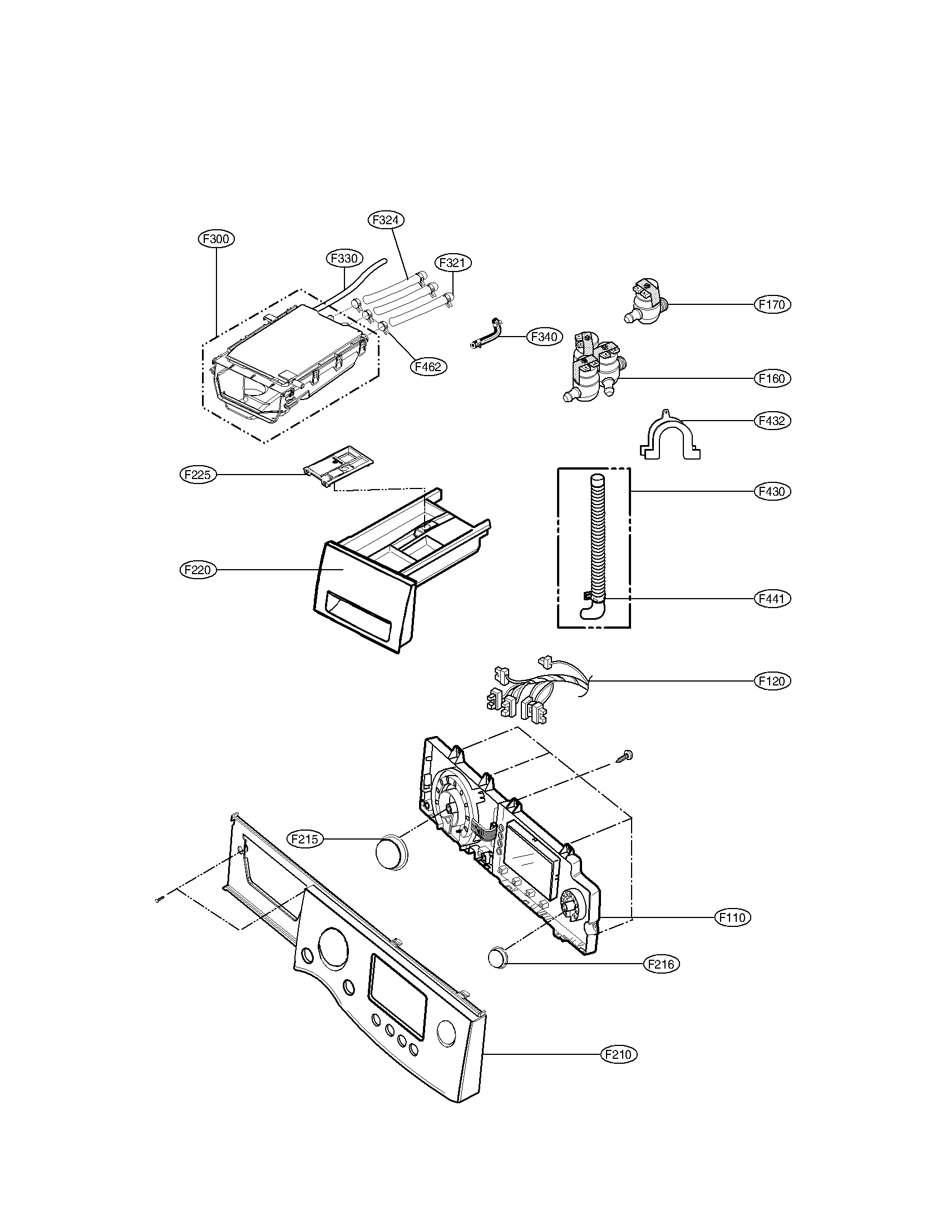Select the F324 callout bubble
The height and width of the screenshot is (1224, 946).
click(386, 220)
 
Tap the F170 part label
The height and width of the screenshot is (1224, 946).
click(772, 304)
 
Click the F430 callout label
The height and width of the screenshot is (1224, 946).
click(772, 491)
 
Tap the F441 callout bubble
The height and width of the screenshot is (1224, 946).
click(772, 599)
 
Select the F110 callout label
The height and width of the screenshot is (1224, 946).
click(733, 917)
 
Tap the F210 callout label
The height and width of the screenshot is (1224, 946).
click(619, 1054)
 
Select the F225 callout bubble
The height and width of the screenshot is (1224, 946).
click(198, 475)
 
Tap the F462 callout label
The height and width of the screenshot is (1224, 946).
click(428, 367)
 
